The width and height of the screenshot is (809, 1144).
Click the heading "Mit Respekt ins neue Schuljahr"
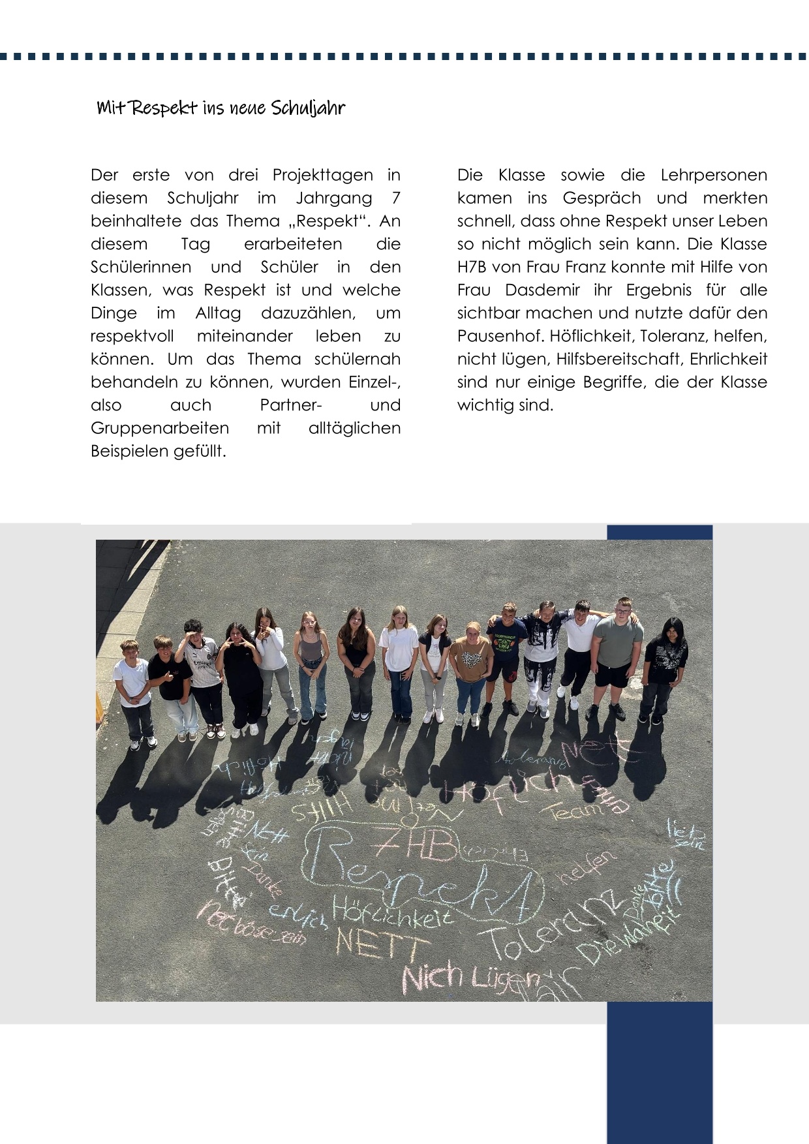(221, 108)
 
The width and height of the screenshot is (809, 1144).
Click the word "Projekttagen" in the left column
(322, 176)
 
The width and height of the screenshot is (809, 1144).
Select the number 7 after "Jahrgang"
(396, 198)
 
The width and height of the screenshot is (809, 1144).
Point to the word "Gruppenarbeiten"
(160, 428)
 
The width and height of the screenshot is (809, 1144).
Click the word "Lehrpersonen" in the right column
(714, 176)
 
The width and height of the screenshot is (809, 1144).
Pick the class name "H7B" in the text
(472, 268)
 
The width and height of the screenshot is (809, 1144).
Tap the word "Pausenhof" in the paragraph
(499, 336)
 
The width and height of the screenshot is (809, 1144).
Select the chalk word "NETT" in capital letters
(382, 943)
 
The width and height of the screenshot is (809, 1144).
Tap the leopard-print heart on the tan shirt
(471, 658)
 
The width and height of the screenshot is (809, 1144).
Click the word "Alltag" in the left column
(218, 313)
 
